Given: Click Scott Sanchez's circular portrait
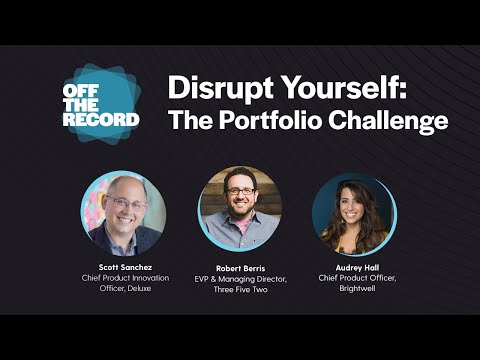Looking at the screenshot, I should [x=123, y=212].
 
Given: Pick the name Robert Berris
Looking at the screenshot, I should [x=241, y=268].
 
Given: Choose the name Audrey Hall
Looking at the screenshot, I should [x=355, y=268].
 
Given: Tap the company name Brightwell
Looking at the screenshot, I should [x=355, y=291].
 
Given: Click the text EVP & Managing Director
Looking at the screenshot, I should [x=241, y=280].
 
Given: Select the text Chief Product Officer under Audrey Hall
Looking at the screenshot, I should [x=355, y=280].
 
